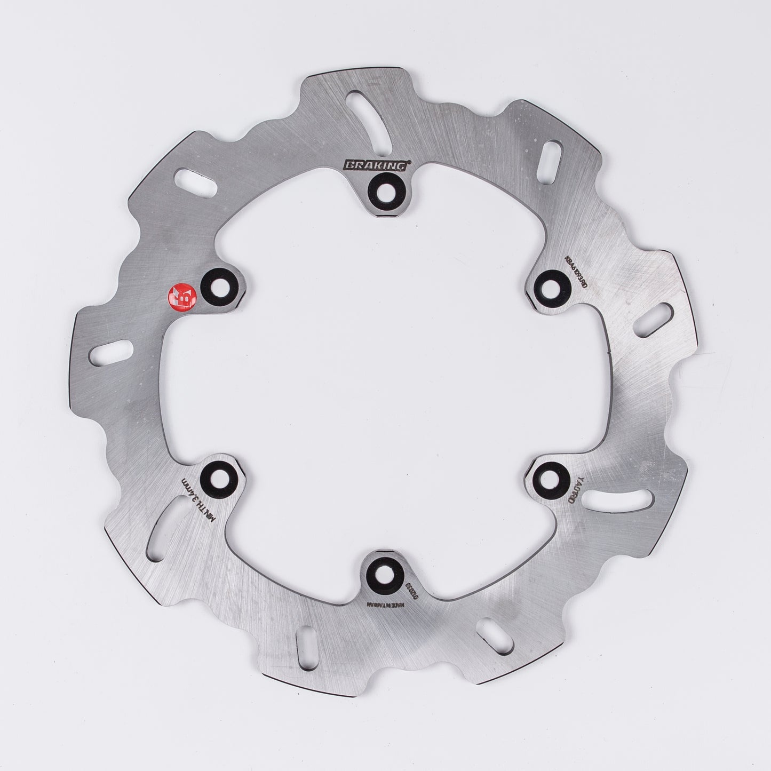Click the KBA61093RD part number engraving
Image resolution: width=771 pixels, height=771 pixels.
click(x=576, y=271)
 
